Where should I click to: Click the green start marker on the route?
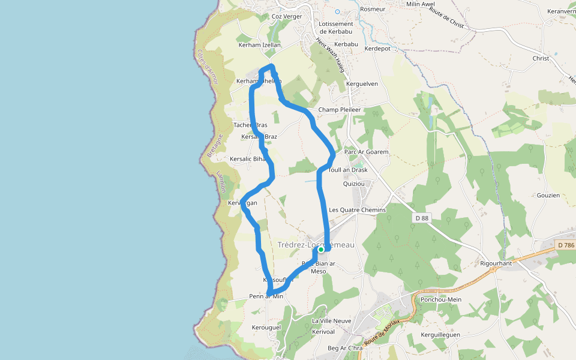point(321,249)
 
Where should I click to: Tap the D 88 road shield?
point(422,218)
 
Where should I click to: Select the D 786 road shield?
point(565,245)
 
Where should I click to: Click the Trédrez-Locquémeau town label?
point(316,245)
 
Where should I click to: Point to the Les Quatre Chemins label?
point(357,210)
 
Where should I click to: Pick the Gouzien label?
point(548,196)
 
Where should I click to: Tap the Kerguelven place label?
point(362,84)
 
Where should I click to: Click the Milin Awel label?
point(421,4)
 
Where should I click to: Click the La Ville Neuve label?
point(332,321)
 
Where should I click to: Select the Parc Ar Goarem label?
point(367,152)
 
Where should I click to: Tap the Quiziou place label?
point(354,184)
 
